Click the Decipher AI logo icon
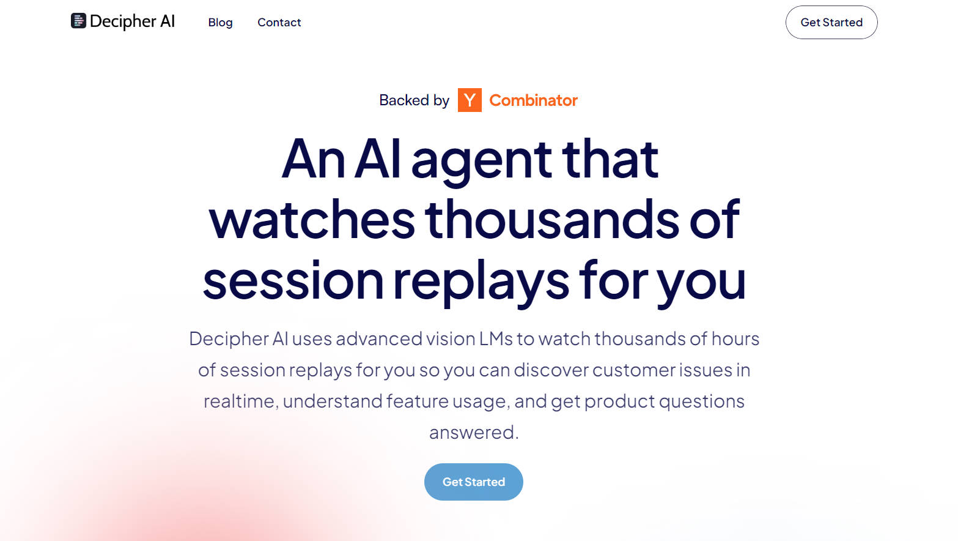tap(78, 21)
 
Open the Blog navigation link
tap(220, 23)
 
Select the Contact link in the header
tap(279, 23)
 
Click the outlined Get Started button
tap(831, 23)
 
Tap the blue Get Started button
tap(473, 482)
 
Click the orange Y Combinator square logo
tap(470, 100)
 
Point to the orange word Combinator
tap(533, 100)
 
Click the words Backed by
tap(414, 100)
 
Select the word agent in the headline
tap(481, 160)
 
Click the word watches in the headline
tap(312, 220)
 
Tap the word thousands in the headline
tap(552, 220)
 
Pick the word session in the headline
tap(293, 282)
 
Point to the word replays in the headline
tap(481, 282)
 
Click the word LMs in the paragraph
tap(496, 339)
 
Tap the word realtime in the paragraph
tap(240, 401)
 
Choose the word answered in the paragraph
tap(473, 433)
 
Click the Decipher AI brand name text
tap(132, 21)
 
